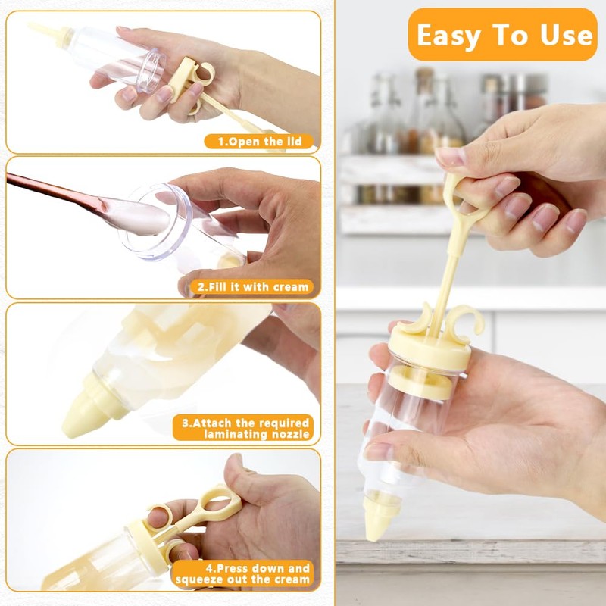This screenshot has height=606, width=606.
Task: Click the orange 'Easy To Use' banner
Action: [x=503, y=35]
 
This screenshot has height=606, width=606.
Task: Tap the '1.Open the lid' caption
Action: [x=258, y=141]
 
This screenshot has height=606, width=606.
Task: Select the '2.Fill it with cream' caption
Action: [x=254, y=287]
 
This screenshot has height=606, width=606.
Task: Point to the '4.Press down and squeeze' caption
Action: [x=242, y=573]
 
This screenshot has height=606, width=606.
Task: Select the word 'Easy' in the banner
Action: [x=451, y=35]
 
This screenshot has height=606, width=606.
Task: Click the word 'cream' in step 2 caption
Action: [x=291, y=287]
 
